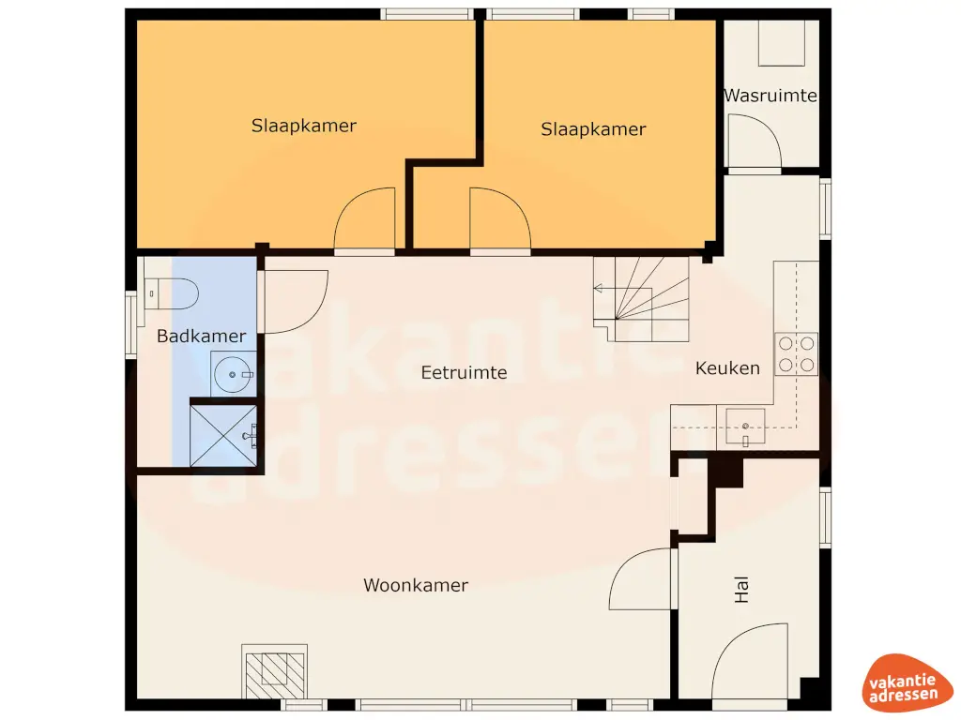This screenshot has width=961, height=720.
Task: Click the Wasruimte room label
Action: coord(770,96)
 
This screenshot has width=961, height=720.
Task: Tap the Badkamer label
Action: coord(201,336)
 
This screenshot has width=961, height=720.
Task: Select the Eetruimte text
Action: coord(464,372)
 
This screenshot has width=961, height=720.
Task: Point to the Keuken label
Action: coord(727,368)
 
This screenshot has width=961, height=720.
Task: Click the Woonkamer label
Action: coord(415,585)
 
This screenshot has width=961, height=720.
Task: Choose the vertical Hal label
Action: coord(742,589)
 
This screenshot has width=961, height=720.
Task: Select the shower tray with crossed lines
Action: coord(223,433)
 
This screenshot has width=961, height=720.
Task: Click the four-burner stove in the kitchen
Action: coord(795,353)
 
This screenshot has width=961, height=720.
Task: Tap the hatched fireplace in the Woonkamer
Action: coord(275,671)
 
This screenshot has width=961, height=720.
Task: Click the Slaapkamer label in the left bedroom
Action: coord(303,126)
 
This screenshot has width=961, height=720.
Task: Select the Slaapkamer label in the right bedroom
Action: coord(593,129)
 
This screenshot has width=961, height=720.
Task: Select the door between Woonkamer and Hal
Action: coord(643,578)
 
